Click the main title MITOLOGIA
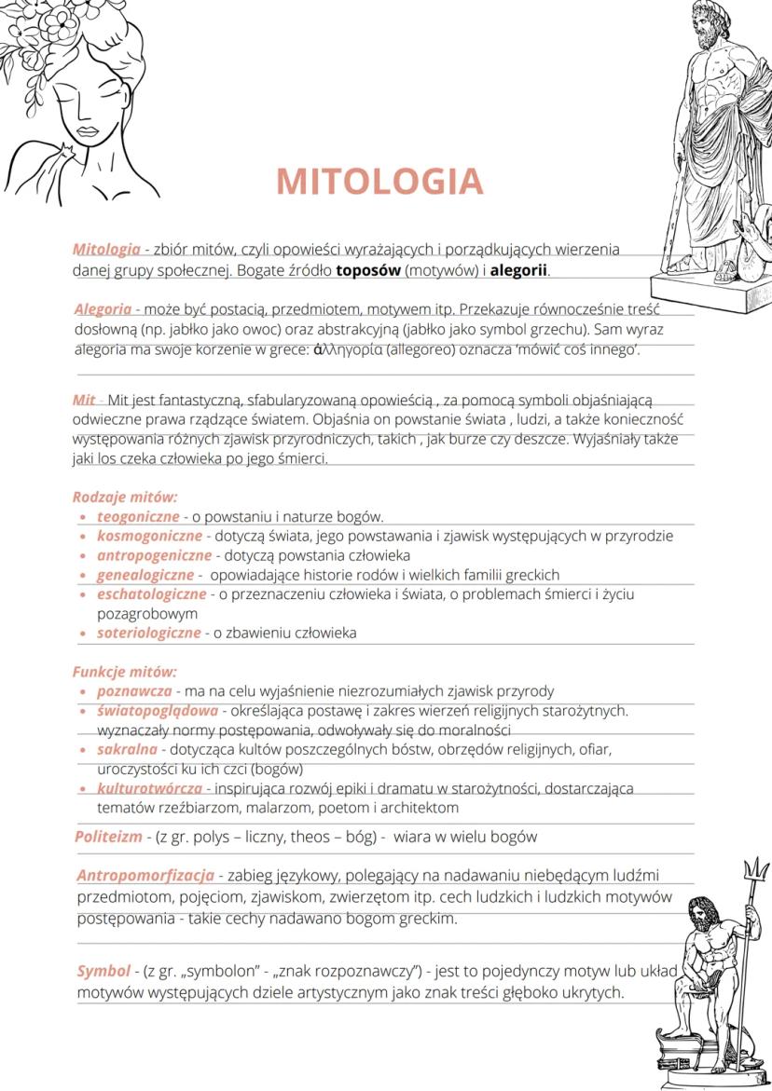379,182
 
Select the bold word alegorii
519,271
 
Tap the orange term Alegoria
103,309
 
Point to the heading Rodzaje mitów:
125,497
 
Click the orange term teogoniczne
138,516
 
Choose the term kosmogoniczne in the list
149,536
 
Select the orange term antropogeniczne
154,555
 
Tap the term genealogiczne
145,575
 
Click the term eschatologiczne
151,594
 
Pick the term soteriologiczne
149,634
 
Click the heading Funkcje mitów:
124,672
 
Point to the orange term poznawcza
134,691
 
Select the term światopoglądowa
158,711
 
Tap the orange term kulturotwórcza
149,788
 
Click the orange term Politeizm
109,837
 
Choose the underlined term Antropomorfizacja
145,876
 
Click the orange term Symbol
103,972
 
